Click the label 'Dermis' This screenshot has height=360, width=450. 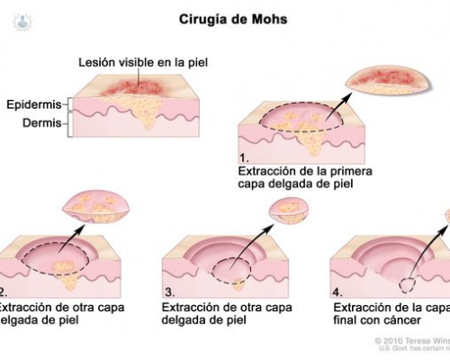[41, 124]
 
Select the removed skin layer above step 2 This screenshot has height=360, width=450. [96, 207]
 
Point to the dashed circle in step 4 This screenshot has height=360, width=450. [407, 283]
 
